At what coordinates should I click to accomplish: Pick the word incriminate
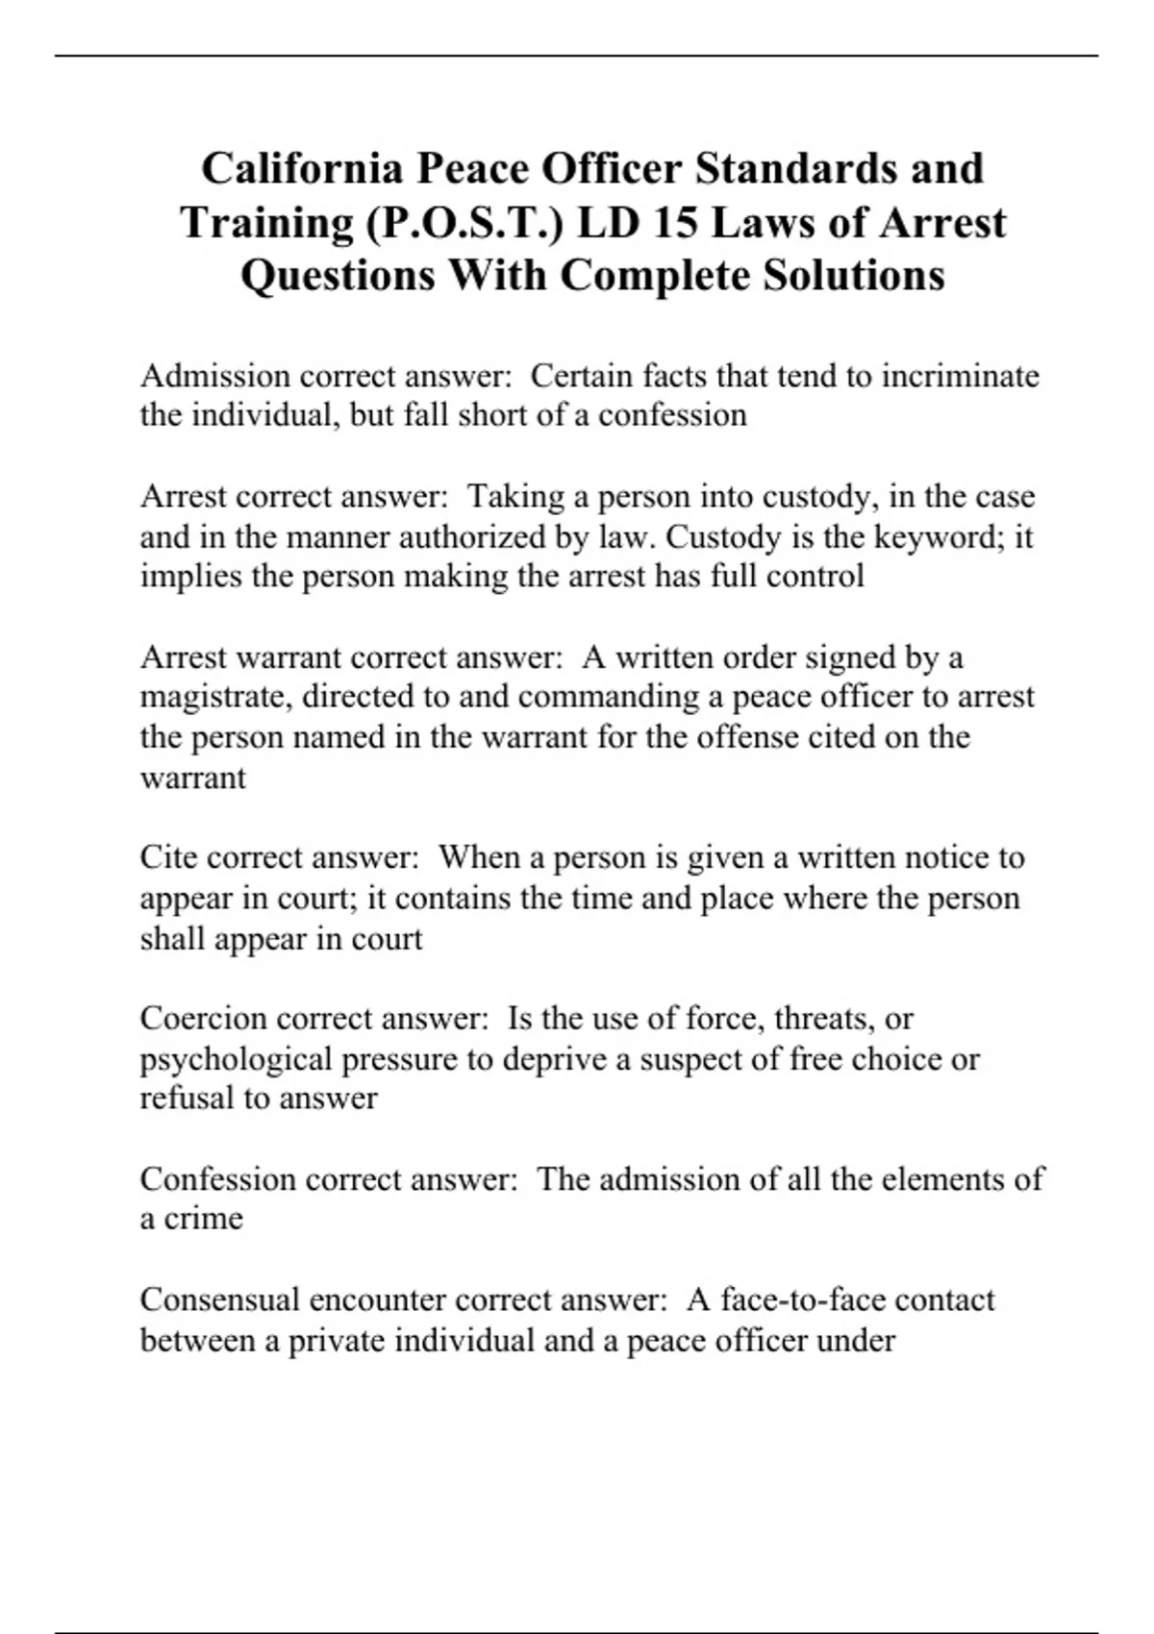point(960,375)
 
